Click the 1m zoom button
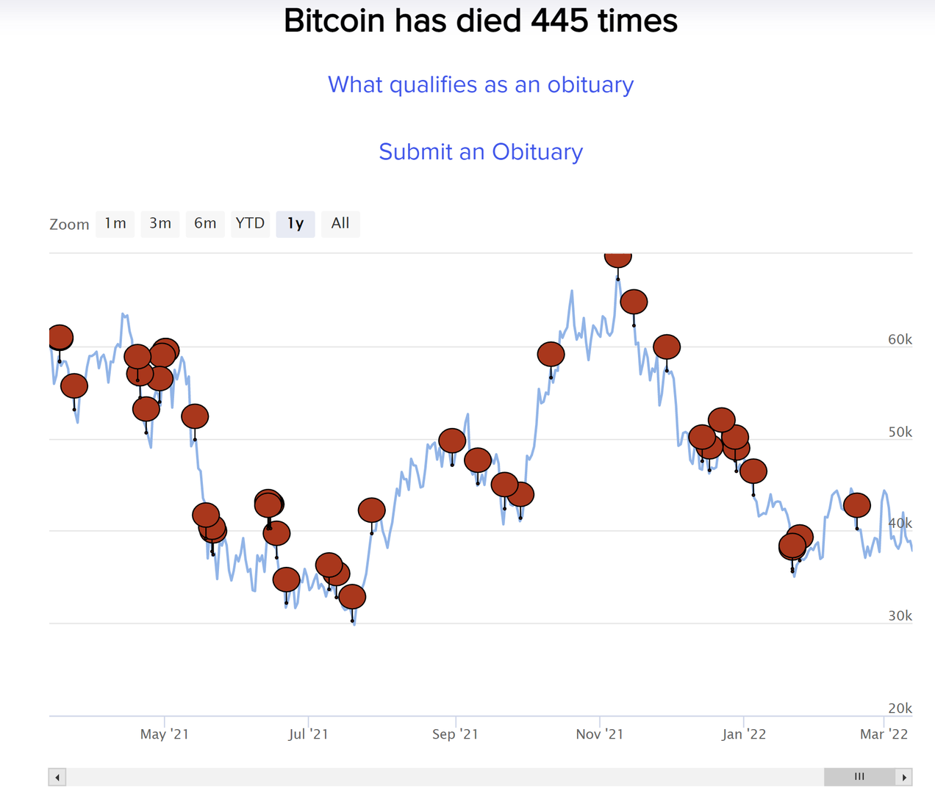pyautogui.click(x=115, y=223)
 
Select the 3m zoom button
pyautogui.click(x=160, y=223)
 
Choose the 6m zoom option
pyautogui.click(x=205, y=223)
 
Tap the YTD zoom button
pyautogui.click(x=250, y=223)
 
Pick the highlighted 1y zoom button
pyautogui.click(x=295, y=223)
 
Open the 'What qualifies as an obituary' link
pyautogui.click(x=481, y=85)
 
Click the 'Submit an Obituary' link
pyautogui.click(x=481, y=152)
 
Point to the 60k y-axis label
pyautogui.click(x=900, y=339)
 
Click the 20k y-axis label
pyautogui.click(x=900, y=709)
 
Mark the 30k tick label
pyautogui.click(x=900, y=616)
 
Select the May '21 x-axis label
pyautogui.click(x=165, y=734)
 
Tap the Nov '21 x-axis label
pyautogui.click(x=600, y=734)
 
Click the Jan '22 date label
pyautogui.click(x=744, y=734)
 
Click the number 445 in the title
pyautogui.click(x=559, y=21)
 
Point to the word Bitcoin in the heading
pyautogui.click(x=334, y=21)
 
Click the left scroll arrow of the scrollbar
pyautogui.click(x=57, y=777)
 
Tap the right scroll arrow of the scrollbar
pyautogui.click(x=904, y=777)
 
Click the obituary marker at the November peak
pyautogui.click(x=617, y=258)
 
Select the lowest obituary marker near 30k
pyautogui.click(x=352, y=596)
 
